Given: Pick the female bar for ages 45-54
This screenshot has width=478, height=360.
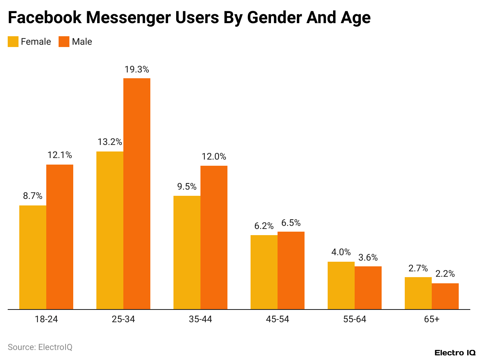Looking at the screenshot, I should coord(264,272).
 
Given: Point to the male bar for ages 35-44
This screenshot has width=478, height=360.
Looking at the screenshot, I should coord(214,237).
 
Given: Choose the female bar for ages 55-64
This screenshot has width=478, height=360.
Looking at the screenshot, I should coord(341,285).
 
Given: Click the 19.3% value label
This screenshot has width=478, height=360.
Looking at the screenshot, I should coord(137,70).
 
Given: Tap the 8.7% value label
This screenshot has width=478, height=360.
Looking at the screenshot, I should coord(33,196).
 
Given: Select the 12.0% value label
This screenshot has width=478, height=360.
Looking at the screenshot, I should coord(214,157).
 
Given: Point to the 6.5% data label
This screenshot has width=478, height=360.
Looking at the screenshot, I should coord(291,223).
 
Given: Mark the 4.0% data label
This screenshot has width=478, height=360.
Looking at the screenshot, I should coord(341,252).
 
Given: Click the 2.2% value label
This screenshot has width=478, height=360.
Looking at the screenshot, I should coord(445,274).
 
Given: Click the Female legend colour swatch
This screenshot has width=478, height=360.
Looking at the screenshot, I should coord(13,42).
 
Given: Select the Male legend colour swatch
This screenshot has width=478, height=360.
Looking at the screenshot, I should coord(64,42).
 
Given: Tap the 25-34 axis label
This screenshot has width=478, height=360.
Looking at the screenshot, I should coord(123,319).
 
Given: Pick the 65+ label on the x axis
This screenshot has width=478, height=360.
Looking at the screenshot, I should coord(432,319).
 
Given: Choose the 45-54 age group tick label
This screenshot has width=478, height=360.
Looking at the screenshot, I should coord(278,319).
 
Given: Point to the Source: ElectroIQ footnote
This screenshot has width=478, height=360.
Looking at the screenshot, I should coord(40,347).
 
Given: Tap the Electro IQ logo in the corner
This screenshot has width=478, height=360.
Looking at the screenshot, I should coord(455,353).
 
